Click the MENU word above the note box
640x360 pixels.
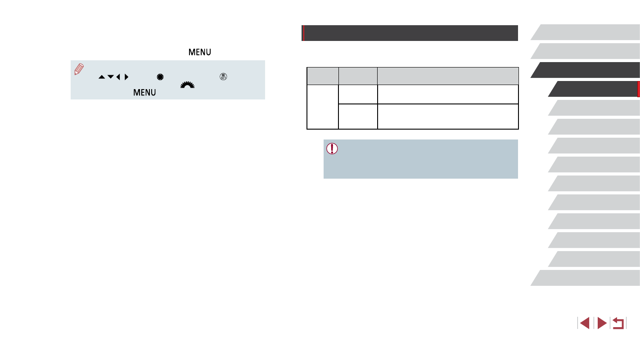coord(200,52)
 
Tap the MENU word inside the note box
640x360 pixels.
coord(144,93)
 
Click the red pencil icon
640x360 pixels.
coord(79,69)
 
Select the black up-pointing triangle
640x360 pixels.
coord(102,77)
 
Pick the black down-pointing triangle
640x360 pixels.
coord(111,76)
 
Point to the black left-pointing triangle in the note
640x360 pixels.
coord(118,77)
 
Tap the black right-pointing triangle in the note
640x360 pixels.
coord(126,77)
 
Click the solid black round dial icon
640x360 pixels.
coord(160,77)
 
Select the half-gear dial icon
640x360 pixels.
coord(187,85)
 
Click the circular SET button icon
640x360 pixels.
coord(223,76)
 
